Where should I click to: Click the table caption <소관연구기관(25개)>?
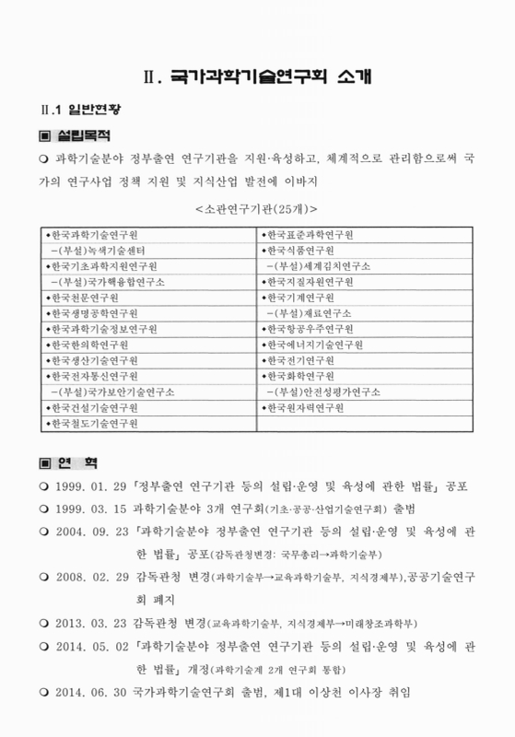[257, 208]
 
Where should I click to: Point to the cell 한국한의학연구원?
[88, 345]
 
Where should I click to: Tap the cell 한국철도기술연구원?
[93, 424]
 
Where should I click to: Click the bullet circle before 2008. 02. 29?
[45, 578]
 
